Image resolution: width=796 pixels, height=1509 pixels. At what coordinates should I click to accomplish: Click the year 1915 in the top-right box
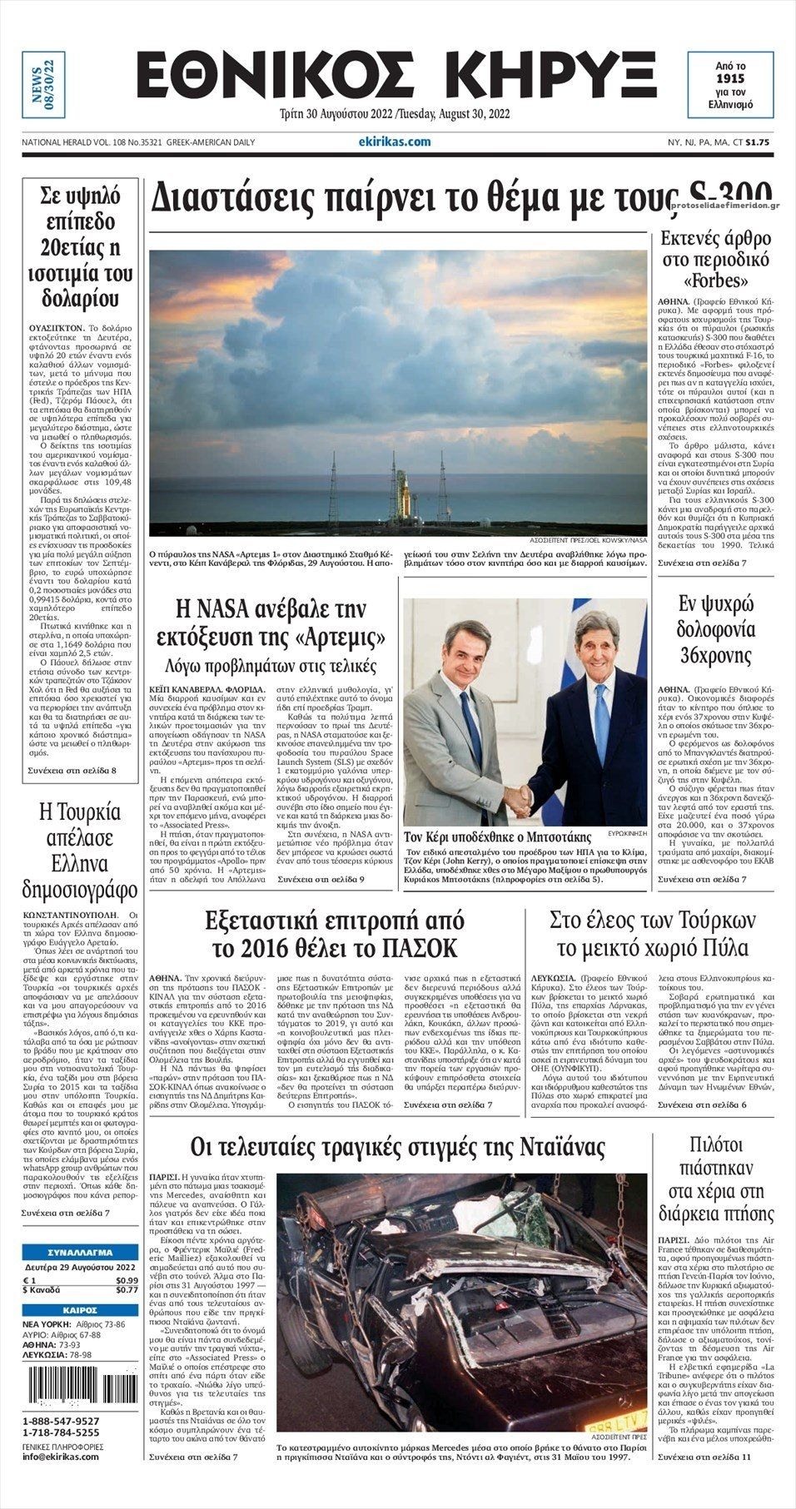730,78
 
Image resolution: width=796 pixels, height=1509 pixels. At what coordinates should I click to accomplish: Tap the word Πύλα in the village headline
729,948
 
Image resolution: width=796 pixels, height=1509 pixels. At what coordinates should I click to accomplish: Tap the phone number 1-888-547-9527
61,1421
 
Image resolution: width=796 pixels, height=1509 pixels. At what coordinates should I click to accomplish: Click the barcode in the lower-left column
80,1387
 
